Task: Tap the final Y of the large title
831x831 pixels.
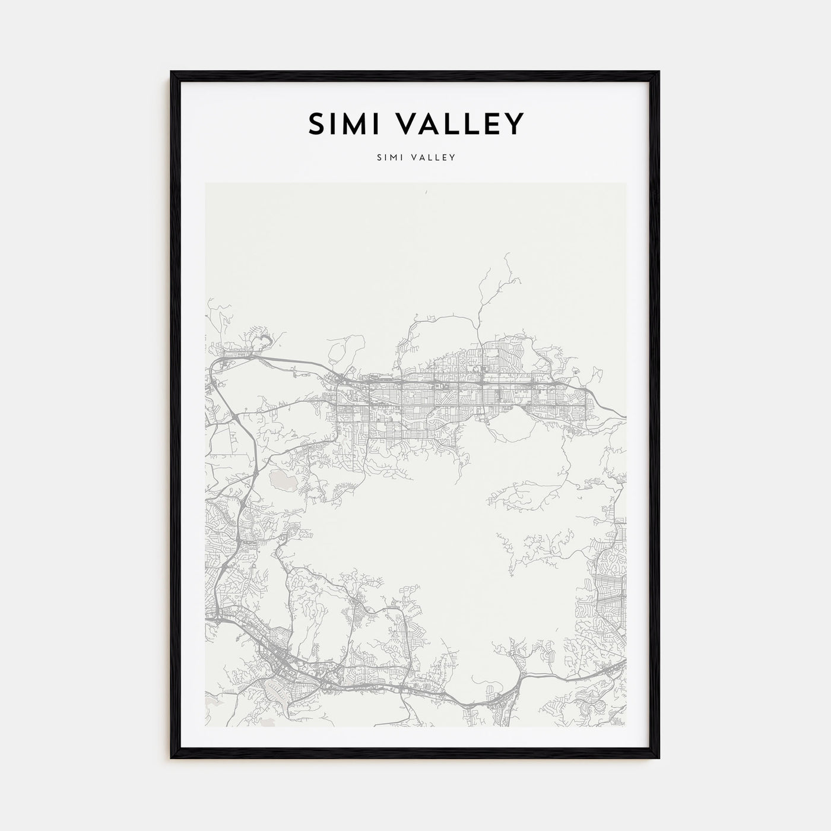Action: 514,124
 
